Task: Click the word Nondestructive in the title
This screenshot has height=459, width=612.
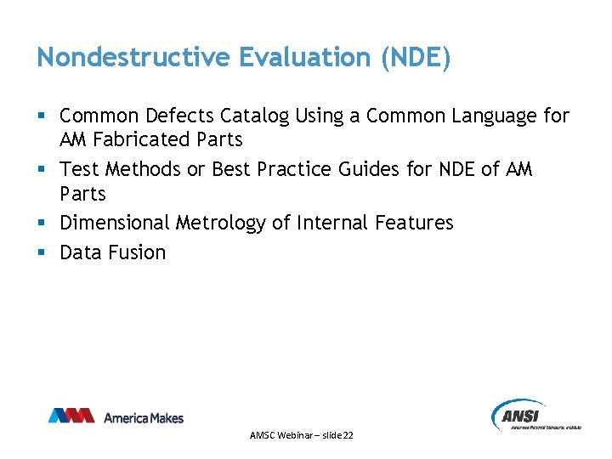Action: (x=133, y=57)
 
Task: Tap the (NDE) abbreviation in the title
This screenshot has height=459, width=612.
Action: (x=416, y=57)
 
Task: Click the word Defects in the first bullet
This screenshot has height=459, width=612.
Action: (x=181, y=116)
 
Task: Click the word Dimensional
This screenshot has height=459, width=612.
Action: (x=115, y=224)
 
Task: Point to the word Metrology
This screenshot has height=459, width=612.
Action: (x=221, y=224)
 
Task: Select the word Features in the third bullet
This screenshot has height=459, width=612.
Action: (x=414, y=224)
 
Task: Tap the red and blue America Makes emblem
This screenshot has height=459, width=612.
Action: (x=71, y=416)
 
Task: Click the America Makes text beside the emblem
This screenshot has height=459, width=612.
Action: (x=143, y=417)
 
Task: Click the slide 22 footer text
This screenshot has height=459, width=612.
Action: (x=302, y=435)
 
